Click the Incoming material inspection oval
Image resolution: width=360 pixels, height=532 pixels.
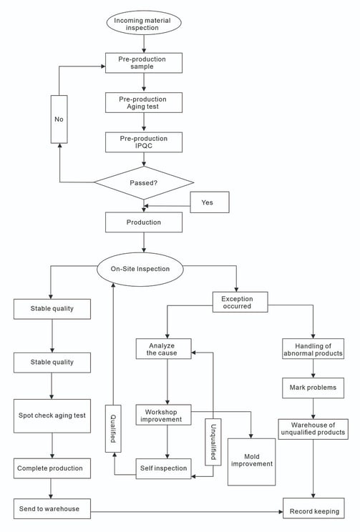pyautogui.click(x=144, y=23)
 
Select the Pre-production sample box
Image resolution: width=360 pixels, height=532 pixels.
pyautogui.click(x=144, y=63)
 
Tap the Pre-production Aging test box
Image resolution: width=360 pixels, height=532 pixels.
pyautogui.click(x=144, y=102)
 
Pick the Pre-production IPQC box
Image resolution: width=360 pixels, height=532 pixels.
pyautogui.click(x=144, y=142)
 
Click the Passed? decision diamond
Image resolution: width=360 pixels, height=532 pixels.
pyautogui.click(x=144, y=182)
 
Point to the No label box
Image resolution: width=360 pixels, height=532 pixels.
pyautogui.click(x=59, y=119)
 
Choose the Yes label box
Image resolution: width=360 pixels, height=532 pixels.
pyautogui.click(x=210, y=202)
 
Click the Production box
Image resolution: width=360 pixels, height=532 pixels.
pyautogui.click(x=144, y=222)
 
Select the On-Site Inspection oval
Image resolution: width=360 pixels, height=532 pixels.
pyautogui.click(x=140, y=269)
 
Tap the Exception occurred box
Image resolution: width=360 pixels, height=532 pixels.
pyautogui.click(x=240, y=302)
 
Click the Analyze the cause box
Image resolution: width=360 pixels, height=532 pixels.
pyautogui.click(x=164, y=349)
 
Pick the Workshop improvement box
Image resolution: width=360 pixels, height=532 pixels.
pyautogui.click(x=164, y=415)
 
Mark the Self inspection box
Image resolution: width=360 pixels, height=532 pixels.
pyautogui.click(x=164, y=469)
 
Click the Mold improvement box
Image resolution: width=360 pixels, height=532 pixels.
pyautogui.click(x=252, y=462)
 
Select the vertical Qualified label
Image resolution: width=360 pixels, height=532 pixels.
pyautogui.click(x=113, y=428)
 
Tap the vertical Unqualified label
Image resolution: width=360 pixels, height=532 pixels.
pyautogui.click(x=213, y=442)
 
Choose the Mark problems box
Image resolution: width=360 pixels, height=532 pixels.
pyautogui.click(x=313, y=388)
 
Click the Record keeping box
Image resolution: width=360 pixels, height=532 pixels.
pyautogui.click(x=313, y=508)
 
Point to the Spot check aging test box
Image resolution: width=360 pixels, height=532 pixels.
pyautogui.click(x=52, y=416)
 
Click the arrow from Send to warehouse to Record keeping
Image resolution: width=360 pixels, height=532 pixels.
pyautogui.click(x=187, y=512)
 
